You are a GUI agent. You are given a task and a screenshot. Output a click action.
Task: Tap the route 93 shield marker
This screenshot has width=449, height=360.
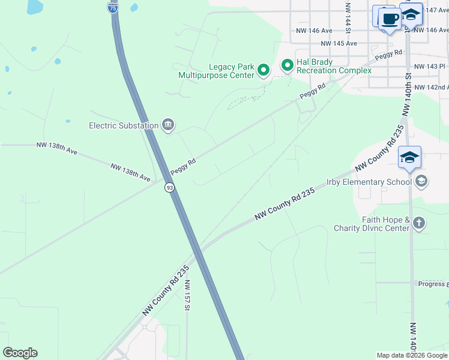coord(170,188)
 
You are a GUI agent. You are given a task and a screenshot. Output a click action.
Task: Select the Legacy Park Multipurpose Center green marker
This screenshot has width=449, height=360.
coord(263,71)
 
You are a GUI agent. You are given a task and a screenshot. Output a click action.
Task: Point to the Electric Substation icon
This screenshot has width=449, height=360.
coord(167,125)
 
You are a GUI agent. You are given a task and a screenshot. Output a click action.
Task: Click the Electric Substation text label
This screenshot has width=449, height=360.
coord(124,125)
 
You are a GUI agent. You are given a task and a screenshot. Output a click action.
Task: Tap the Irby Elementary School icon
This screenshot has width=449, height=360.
coord(421,181)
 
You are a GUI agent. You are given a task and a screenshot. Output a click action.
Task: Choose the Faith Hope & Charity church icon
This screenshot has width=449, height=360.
coord(419,224)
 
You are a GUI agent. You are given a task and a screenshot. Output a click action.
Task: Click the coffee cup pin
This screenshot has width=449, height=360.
coord(390,19)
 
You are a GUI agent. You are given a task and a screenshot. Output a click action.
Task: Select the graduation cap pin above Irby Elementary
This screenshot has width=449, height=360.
coord(409,158)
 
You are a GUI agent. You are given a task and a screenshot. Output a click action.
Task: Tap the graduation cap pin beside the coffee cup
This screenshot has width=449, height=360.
coord(411,15)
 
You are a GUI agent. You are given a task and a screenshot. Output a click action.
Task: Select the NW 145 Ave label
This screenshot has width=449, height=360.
coord(339,43)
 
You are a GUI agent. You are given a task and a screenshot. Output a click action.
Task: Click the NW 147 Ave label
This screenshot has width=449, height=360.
coord(435,11)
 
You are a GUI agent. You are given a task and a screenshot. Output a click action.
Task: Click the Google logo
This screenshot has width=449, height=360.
coord(20,353)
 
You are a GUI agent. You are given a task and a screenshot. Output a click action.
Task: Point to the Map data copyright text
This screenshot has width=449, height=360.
coord(411,355)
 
